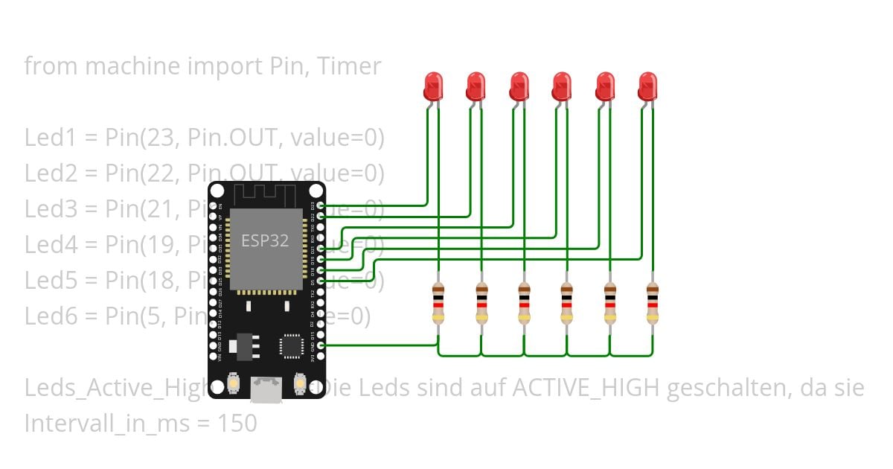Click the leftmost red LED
[x=432, y=86]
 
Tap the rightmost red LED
[x=648, y=86]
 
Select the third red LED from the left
[x=519, y=86]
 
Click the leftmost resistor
[x=438, y=303]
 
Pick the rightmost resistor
[x=653, y=303]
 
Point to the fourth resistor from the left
[x=567, y=303]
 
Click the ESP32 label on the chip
[x=264, y=240]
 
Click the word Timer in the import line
[x=349, y=66]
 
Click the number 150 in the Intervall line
[x=237, y=424]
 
